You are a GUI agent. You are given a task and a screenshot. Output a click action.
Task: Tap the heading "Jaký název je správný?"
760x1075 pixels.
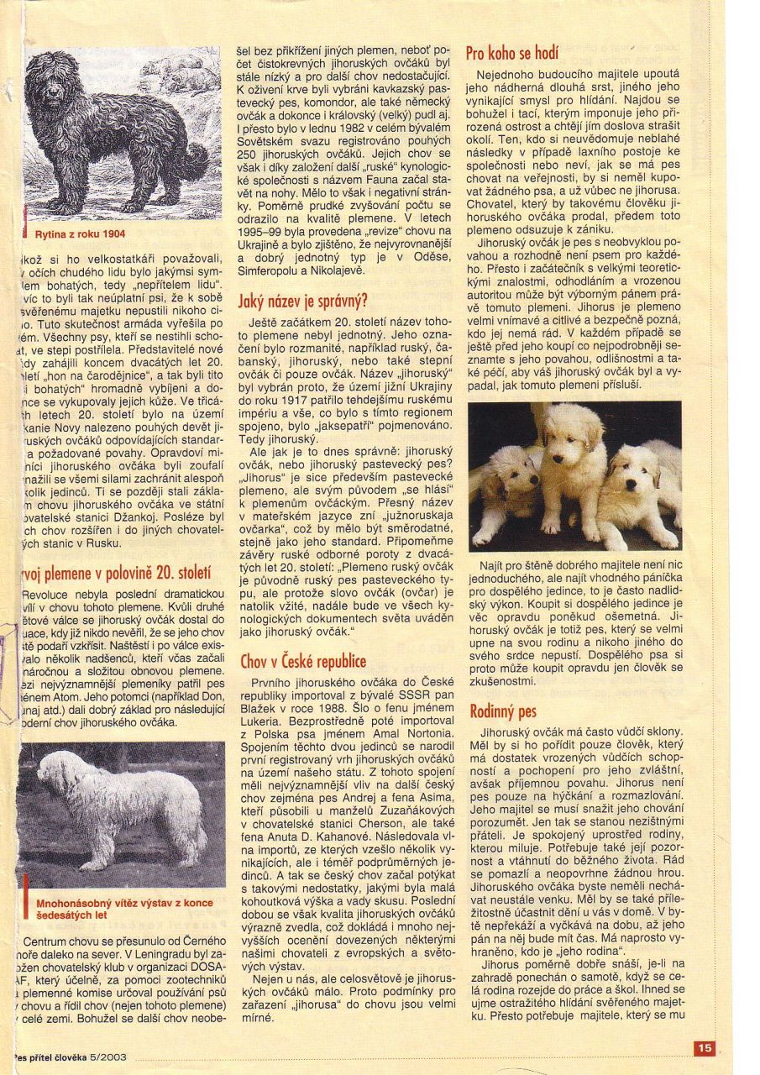pyautogui.click(x=303, y=300)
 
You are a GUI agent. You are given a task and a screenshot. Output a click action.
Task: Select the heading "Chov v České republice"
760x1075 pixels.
pyautogui.click(x=303, y=661)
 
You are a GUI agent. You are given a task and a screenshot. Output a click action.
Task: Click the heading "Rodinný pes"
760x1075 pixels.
pyautogui.click(x=503, y=711)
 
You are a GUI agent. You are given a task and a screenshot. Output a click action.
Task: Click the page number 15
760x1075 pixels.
pyautogui.click(x=704, y=1047)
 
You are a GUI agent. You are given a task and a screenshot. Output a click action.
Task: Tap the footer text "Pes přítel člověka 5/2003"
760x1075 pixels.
pyautogui.click(x=71, y=1057)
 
